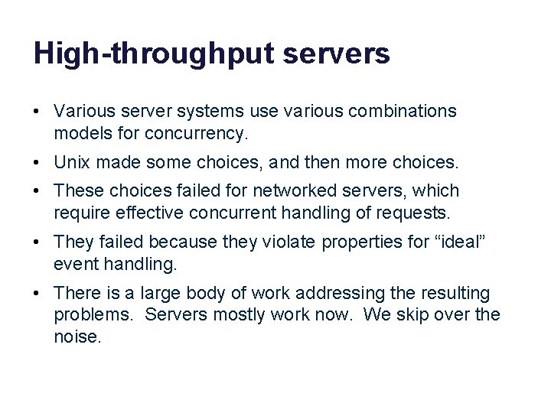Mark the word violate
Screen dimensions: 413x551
(292, 242)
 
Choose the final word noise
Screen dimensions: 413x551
(77, 336)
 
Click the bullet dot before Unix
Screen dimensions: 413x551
(37, 163)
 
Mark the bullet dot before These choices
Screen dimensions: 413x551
(37, 191)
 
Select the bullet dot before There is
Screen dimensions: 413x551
(37, 293)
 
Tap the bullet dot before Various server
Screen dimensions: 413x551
(37, 112)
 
